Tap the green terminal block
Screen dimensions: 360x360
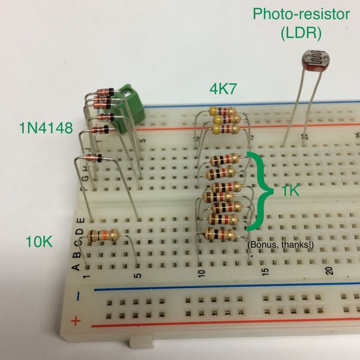click(132, 99)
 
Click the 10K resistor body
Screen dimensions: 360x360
click(102, 235)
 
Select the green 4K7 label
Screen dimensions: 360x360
click(223, 89)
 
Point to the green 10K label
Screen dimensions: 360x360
click(39, 242)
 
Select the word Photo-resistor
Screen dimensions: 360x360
click(300, 13)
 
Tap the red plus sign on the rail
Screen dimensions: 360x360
click(76, 321)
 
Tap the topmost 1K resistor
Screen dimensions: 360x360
click(226, 160)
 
